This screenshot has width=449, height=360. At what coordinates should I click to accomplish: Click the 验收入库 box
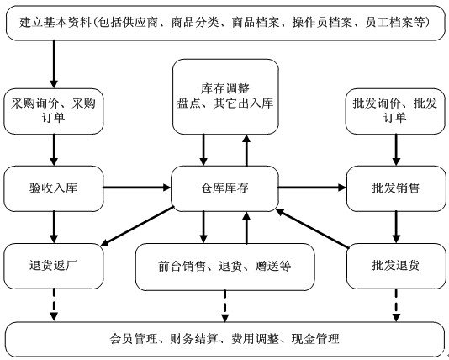(54, 188)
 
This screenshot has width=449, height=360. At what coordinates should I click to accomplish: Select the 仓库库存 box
(225, 188)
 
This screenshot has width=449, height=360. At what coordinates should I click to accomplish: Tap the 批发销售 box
(396, 188)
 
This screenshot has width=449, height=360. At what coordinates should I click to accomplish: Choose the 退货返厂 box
(54, 266)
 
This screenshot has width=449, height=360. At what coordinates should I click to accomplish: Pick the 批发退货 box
(396, 266)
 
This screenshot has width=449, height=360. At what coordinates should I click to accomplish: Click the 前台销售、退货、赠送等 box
(225, 267)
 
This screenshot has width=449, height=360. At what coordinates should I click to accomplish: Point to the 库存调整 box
(225, 97)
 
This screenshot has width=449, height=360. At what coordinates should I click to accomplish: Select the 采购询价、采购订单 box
(54, 111)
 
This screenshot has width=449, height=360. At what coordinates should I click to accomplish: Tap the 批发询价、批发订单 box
(395, 111)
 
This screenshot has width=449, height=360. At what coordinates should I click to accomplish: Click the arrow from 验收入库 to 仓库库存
(137, 188)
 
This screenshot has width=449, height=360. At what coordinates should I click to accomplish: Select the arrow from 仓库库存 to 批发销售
(313, 188)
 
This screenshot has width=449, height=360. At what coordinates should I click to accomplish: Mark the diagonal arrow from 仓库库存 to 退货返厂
(137, 226)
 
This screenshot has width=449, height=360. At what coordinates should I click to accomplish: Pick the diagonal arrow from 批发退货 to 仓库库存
(312, 228)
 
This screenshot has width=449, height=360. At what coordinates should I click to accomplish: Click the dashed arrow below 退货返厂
(54, 304)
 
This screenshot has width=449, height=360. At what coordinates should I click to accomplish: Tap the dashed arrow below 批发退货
(396, 305)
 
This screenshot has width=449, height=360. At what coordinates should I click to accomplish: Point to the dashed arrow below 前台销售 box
(225, 306)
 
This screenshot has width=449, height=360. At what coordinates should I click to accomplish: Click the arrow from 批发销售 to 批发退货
(396, 227)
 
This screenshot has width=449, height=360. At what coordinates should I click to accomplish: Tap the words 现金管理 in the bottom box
(315, 339)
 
